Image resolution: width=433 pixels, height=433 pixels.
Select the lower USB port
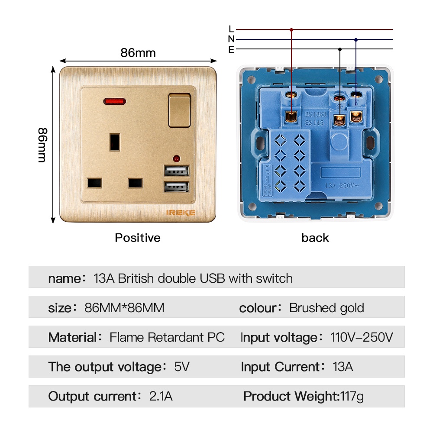coord(176,187)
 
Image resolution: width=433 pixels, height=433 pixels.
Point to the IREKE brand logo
coord(181,212)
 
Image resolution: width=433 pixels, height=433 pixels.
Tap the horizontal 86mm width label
coord(138,53)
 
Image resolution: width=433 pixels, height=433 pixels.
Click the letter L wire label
coord(231,29)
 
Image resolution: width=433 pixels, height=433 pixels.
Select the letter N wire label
coord(231,39)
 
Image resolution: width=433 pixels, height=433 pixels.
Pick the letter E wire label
coord(231,50)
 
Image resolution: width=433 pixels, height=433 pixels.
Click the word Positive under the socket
coord(137,238)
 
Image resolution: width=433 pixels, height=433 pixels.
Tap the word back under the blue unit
coord(315,238)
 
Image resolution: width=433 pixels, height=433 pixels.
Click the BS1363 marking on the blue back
coord(315,115)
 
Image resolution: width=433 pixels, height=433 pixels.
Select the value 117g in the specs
coord(352,396)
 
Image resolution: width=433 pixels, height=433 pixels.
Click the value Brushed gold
coord(326,308)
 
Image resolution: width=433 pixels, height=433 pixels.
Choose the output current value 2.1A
coord(161,396)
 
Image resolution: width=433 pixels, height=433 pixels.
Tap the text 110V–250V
coord(362,337)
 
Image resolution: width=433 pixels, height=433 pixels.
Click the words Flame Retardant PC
coord(167,337)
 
